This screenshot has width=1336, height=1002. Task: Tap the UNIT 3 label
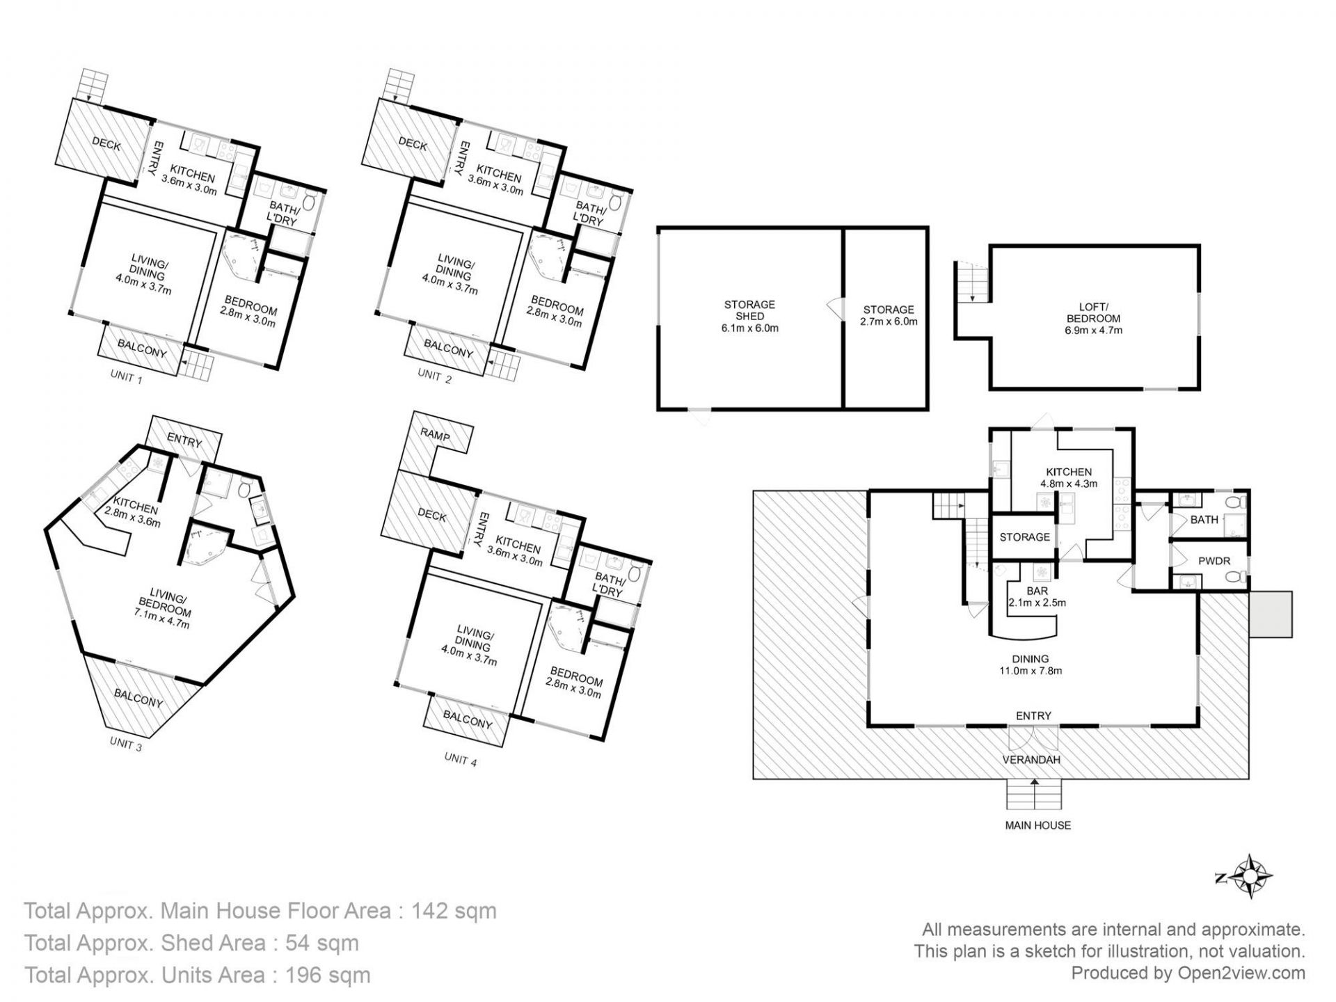pyautogui.click(x=126, y=744)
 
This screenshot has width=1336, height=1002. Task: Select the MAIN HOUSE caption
pyautogui.click(x=1037, y=825)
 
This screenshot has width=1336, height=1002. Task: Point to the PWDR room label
pyautogui.click(x=1214, y=561)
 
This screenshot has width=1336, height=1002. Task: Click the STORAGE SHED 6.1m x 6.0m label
pyautogui.click(x=749, y=316)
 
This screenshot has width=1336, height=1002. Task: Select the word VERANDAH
pyautogui.click(x=1031, y=760)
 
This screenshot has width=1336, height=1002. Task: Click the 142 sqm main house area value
pyautogui.click(x=454, y=911)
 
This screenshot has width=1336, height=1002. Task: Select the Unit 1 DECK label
pyautogui.click(x=106, y=145)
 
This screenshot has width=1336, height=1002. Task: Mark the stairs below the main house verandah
pyautogui.click(x=1035, y=793)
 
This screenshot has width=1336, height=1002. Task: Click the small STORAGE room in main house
pyautogui.click(x=1024, y=537)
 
